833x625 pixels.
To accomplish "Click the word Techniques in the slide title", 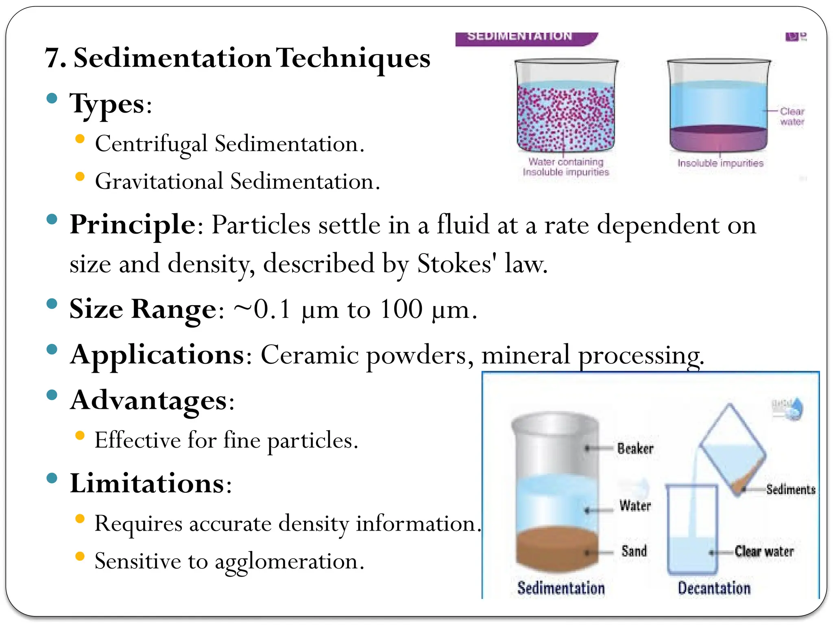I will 353,58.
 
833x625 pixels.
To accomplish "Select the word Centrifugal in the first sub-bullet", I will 151,144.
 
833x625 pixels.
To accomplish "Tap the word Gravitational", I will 159,181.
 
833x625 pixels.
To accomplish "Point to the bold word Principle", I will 133,225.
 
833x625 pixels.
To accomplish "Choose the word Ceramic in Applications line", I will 309,355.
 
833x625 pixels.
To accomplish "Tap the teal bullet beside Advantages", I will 52,395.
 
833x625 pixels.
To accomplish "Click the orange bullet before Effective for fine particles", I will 80,436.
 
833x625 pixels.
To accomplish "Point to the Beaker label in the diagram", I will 635,448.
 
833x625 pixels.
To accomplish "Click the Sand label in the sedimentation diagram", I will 634,551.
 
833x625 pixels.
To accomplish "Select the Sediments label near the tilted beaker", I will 790,489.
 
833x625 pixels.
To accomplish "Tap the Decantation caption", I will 714,588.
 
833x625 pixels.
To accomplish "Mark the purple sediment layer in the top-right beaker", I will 718,138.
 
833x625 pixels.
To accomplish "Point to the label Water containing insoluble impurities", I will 566,167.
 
